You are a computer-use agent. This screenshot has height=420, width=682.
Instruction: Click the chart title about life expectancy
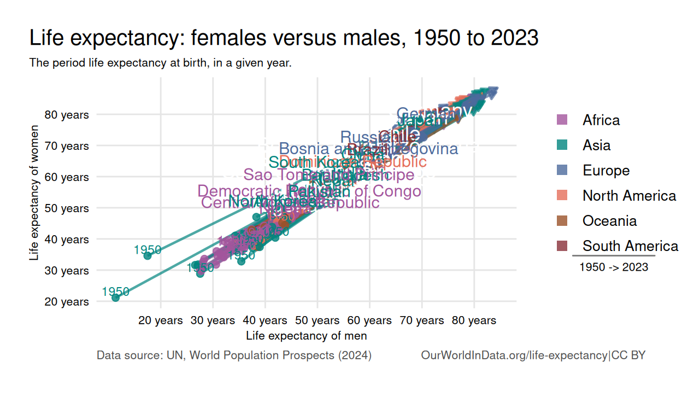pos(284,38)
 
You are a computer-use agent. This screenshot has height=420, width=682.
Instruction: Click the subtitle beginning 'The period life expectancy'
pos(160,63)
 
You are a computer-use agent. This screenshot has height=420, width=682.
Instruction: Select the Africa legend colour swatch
pos(562,120)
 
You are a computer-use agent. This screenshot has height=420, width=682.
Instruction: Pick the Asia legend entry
pos(596,145)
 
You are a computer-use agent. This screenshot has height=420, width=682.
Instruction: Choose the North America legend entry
pos(629,195)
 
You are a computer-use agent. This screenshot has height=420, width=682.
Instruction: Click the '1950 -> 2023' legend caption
pos(614,267)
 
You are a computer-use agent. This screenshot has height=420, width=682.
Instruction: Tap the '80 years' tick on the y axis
pos(67,115)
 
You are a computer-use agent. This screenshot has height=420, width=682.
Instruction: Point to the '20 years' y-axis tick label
pos(67,302)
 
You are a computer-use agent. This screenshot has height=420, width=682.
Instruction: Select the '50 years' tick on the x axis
pos(318,320)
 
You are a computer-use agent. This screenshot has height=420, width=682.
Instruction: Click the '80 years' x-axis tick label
pos(474,320)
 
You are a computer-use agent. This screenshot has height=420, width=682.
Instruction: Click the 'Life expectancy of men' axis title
pos(306,335)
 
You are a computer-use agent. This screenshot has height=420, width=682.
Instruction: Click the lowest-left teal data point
pos(115,297)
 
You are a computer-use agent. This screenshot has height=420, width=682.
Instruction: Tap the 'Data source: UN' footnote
pos(234,355)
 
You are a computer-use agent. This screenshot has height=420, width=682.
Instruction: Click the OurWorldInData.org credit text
pos(533,355)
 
